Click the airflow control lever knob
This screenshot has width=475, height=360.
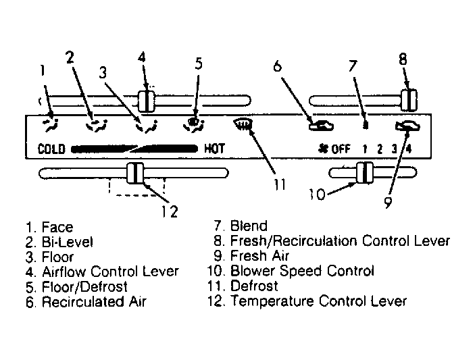pyautogui.click(x=147, y=101)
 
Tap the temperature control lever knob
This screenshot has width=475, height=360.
pyautogui.click(x=135, y=173)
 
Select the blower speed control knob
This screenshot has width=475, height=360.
pyautogui.click(x=365, y=173)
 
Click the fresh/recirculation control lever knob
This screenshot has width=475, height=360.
pyautogui.click(x=409, y=100)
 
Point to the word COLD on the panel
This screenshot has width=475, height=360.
pyautogui.click(x=51, y=149)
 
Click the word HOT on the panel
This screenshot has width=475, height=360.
pyautogui.click(x=214, y=149)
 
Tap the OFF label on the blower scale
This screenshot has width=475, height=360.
pyautogui.click(x=341, y=149)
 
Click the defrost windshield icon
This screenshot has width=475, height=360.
pyautogui.click(x=243, y=124)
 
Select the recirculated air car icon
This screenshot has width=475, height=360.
pyautogui.click(x=321, y=126)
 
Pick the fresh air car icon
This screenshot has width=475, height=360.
pyautogui.click(x=407, y=126)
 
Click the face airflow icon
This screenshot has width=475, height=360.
pyautogui.click(x=50, y=125)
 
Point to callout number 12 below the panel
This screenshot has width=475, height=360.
pyautogui.click(x=169, y=211)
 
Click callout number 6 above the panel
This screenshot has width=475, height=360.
pyautogui.click(x=277, y=66)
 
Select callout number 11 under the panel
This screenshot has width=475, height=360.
pyautogui.click(x=280, y=184)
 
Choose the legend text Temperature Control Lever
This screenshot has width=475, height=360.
pyautogui.click(x=318, y=301)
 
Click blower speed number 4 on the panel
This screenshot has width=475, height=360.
pyautogui.click(x=409, y=149)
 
